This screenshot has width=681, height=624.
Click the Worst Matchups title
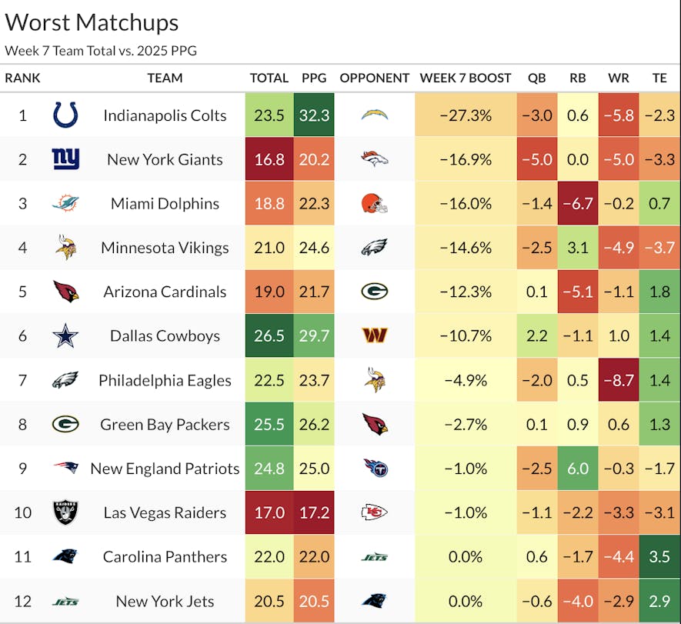tap(92, 22)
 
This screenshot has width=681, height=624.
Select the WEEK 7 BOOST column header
tap(465, 78)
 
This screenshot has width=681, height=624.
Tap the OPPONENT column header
tap(374, 78)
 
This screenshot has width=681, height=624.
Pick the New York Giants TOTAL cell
tap(269, 159)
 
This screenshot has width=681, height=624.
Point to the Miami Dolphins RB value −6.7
tap(577, 203)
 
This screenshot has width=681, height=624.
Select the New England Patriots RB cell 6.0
tap(577, 469)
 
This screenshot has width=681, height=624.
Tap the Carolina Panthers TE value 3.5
tap(659, 557)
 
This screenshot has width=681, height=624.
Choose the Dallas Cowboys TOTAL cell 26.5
tap(269, 336)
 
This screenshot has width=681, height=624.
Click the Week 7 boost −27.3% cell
tap(465, 115)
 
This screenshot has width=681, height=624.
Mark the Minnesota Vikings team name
tap(165, 248)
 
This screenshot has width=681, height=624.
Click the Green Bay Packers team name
tap(165, 425)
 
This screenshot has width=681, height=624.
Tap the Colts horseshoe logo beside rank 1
tap(65, 115)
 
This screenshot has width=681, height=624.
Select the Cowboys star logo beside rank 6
tap(65, 336)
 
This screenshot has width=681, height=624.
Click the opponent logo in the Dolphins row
tap(374, 203)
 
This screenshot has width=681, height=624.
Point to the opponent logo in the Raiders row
tap(374, 513)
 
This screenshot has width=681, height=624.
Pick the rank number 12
tap(22, 602)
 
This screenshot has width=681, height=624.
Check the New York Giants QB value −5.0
tap(536, 159)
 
